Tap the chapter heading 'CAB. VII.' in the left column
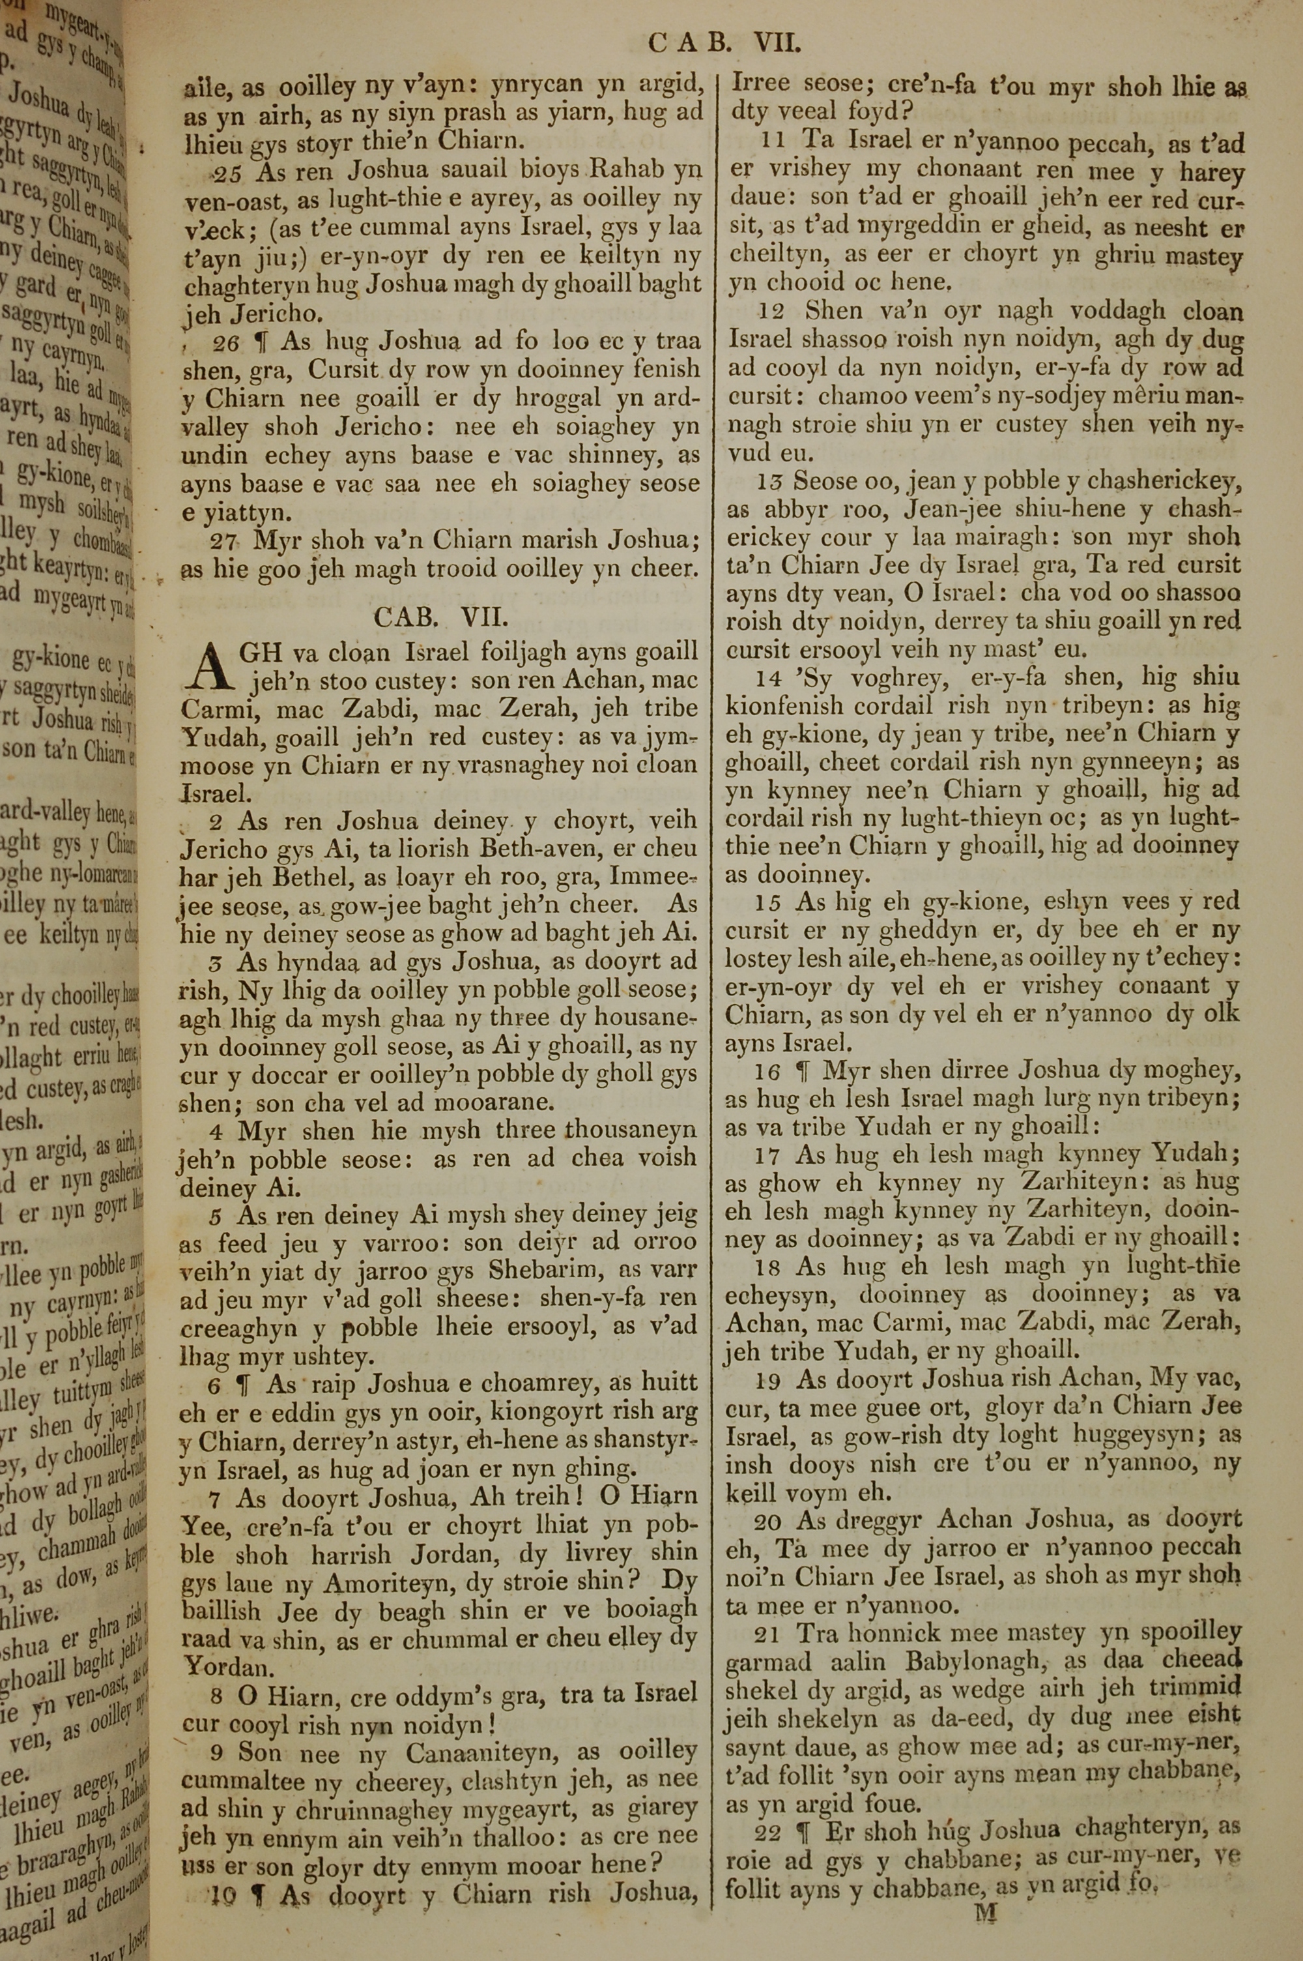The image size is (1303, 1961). [x=440, y=616]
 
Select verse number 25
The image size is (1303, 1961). [x=226, y=173]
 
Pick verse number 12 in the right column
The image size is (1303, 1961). [x=771, y=312]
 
